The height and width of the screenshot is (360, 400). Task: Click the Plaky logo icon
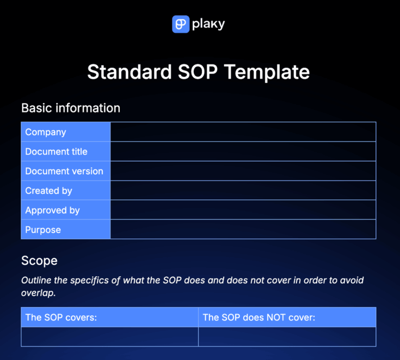[180, 24]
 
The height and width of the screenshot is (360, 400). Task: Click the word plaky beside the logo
[209, 24]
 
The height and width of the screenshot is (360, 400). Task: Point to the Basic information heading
[70, 108]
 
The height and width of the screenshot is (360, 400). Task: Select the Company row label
[46, 132]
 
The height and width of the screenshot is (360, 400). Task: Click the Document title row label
[56, 152]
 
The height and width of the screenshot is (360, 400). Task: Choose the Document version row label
[64, 171]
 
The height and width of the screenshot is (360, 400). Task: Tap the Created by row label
[48, 191]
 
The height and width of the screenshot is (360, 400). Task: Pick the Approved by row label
[52, 210]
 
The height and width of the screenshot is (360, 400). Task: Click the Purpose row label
[43, 230]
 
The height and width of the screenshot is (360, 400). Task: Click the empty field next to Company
[243, 132]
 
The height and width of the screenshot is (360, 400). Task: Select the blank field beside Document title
[243, 152]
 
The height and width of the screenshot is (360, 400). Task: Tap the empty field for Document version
[243, 171]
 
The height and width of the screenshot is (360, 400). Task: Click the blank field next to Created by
[243, 191]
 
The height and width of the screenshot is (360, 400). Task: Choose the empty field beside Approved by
[243, 210]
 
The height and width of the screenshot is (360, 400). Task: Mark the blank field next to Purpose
[243, 230]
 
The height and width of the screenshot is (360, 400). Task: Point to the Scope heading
[39, 260]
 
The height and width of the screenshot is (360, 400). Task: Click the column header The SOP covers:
[61, 317]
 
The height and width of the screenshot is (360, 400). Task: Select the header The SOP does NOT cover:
[259, 317]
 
